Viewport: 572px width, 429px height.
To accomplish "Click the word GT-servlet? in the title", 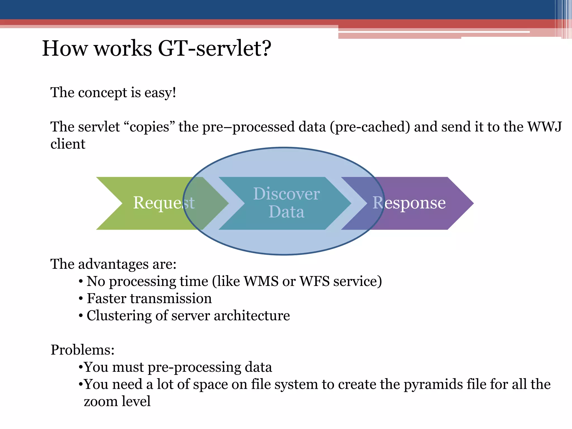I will [x=214, y=49].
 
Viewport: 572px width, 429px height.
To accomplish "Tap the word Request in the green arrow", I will [x=164, y=202].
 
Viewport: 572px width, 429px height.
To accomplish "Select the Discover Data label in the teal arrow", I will [x=286, y=202].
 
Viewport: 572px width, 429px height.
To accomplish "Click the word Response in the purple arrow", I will [x=409, y=202].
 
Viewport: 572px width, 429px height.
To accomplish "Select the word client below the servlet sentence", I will [x=68, y=144].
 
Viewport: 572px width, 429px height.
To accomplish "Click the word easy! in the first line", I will [x=160, y=92].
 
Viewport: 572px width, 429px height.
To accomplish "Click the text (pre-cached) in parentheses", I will [x=370, y=127].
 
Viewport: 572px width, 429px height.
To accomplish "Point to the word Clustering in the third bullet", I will [x=119, y=316].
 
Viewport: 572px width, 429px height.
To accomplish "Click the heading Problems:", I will [x=82, y=350].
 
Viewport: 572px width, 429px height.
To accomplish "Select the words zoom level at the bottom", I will [x=117, y=401].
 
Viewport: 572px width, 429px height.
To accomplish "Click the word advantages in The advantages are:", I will [x=113, y=264].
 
